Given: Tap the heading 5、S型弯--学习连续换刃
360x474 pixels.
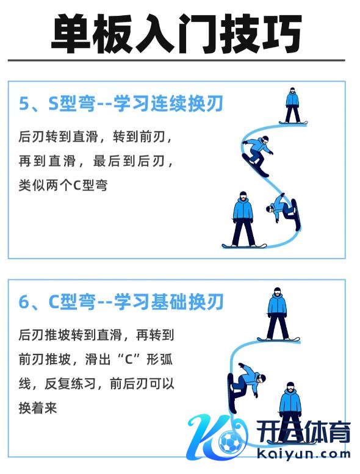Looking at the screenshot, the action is tap(121, 103).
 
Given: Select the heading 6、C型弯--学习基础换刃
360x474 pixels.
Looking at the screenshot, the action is tap(121, 301).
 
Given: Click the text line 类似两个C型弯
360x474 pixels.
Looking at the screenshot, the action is tap(63, 185).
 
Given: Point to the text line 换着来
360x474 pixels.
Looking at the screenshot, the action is tap(38, 408).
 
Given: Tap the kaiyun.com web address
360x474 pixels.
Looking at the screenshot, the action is tap(303, 454).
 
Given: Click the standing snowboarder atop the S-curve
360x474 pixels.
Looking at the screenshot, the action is tap(293, 106).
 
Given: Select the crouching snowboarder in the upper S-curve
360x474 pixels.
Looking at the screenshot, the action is tap(257, 156).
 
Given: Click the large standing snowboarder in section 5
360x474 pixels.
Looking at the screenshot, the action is tap(243, 220).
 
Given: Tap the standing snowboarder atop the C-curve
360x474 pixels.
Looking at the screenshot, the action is tap(278, 314).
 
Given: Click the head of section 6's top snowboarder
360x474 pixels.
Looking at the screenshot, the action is tap(277, 293).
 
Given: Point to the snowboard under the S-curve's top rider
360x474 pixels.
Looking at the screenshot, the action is tap(293, 123).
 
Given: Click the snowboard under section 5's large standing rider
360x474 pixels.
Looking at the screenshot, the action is tap(244, 246).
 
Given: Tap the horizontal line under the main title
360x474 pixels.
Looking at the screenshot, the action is tap(176, 60).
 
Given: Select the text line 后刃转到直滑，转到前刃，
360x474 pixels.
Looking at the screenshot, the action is tap(95, 136).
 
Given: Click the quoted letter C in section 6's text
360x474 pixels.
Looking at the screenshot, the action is tap(129, 359).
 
